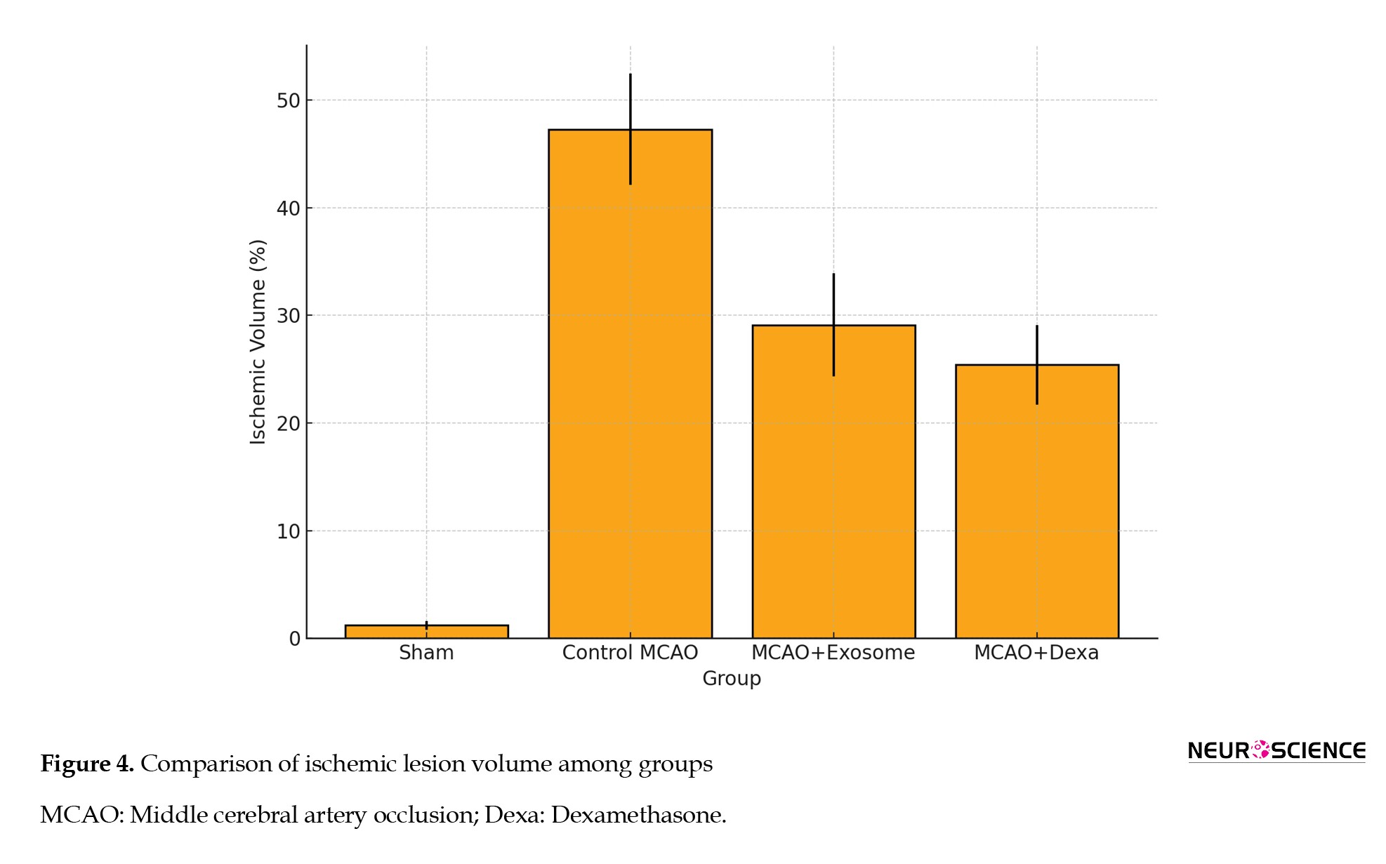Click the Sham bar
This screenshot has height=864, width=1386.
coord(426,631)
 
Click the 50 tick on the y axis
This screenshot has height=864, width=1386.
coord(288,100)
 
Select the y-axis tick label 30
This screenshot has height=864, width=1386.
coord(288,316)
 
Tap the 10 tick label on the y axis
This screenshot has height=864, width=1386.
coord(288,531)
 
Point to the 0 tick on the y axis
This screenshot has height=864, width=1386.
coord(295,639)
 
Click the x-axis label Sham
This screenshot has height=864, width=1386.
coord(426,653)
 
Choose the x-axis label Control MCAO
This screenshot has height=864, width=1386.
coord(630,653)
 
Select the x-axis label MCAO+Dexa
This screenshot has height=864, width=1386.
coord(1036,653)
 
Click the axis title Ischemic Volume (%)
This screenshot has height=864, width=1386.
coord(258,342)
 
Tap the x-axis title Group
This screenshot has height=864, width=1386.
coord(732,679)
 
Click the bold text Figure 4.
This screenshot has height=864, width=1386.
coord(87,764)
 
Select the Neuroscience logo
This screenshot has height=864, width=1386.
coord(1276,750)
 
